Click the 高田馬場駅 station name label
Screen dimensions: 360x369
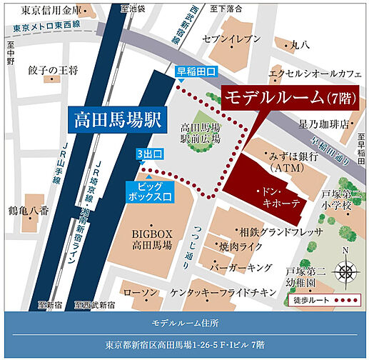pos(117,118)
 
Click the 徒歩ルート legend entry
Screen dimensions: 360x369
pos(333,300)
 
